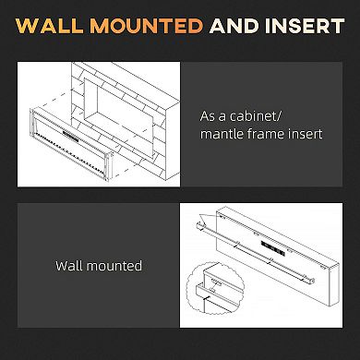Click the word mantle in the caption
222,134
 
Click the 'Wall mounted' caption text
99,266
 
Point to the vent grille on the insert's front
71,136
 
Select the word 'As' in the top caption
209,117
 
